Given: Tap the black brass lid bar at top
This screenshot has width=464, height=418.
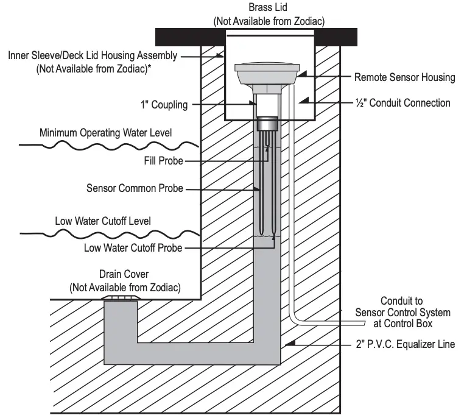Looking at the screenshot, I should [x=183, y=37].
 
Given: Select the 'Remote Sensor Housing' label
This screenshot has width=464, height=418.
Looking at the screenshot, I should [x=404, y=77].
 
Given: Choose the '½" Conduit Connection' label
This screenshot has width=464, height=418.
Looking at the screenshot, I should [x=402, y=102].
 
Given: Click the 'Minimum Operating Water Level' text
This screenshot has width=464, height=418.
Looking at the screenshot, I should [x=105, y=132].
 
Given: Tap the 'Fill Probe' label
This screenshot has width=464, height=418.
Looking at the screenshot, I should [x=160, y=161].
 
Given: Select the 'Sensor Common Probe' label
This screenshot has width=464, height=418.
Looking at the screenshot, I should [x=135, y=188].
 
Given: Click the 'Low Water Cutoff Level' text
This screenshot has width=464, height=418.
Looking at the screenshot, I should [x=103, y=220].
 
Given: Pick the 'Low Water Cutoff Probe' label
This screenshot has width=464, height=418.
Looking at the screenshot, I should [x=133, y=248].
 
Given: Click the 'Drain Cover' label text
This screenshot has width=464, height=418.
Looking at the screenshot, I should [x=124, y=275].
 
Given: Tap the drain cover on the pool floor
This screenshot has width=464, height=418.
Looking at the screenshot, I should [x=123, y=298].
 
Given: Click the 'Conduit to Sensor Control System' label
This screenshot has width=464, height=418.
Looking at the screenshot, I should [x=403, y=312].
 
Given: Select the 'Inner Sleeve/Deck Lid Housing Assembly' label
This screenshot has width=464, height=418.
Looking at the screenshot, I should [x=93, y=56].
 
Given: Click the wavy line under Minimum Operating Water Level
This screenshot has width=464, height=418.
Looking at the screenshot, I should [x=110, y=145].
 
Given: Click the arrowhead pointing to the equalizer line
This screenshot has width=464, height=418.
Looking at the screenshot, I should [x=293, y=344].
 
